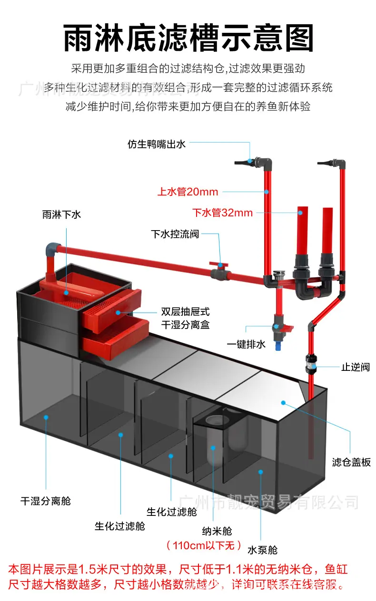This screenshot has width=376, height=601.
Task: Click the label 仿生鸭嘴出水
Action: [x=156, y=145]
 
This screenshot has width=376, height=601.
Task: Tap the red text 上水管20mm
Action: [x=188, y=192]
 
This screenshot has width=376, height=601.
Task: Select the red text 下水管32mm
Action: [x=222, y=213]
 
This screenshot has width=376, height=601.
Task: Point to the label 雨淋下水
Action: [x=61, y=214]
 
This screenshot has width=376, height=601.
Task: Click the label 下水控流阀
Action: [x=175, y=234]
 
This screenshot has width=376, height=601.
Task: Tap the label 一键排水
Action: [x=246, y=344]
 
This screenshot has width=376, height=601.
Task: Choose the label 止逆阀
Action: [x=356, y=367]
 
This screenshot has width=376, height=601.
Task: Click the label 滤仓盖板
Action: [x=351, y=462]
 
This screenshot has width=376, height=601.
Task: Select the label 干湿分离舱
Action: [x=45, y=501]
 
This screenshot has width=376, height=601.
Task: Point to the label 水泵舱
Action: [x=262, y=550]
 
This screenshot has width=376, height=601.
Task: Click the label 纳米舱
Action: [x=217, y=531]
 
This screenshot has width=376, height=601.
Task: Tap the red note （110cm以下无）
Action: [x=204, y=545]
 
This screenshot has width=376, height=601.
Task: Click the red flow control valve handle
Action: [x=219, y=264]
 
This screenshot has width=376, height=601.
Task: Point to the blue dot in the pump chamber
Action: [x=260, y=472]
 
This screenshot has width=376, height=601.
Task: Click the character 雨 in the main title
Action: [x=79, y=38]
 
